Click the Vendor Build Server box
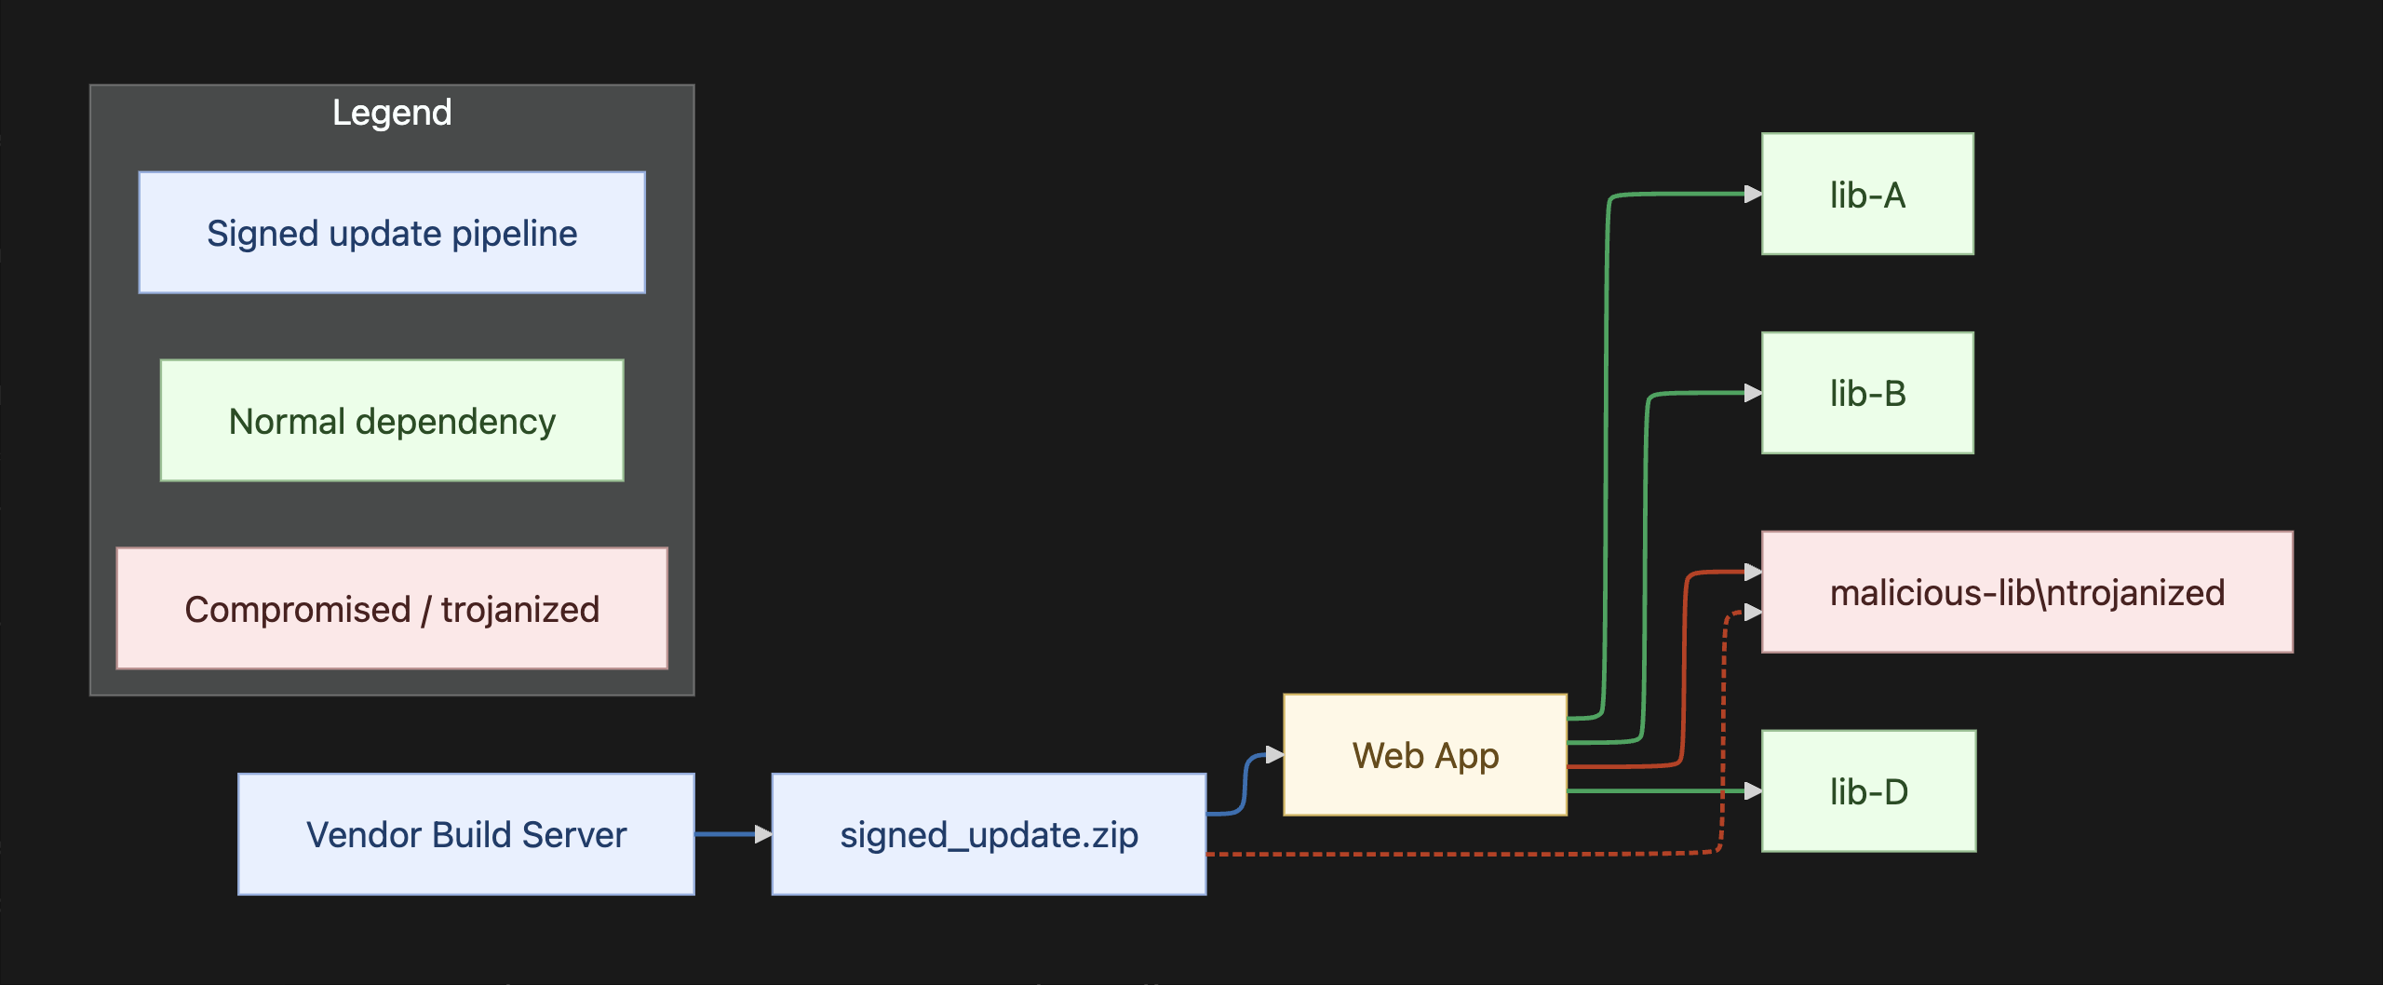click(x=465, y=834)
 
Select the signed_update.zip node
click(x=989, y=834)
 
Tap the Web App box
click(x=1424, y=755)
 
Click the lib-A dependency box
click(x=1867, y=194)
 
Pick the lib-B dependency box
click(x=1867, y=393)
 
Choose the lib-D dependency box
click(x=1868, y=791)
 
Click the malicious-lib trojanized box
click(x=2026, y=592)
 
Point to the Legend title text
click(x=392, y=113)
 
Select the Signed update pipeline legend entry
click(x=392, y=233)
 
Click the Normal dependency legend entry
click(x=392, y=421)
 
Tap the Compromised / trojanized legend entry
click(x=392, y=609)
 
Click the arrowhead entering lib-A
click(x=1753, y=194)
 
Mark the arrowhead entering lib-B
click(x=1753, y=393)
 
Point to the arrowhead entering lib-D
click(x=1753, y=791)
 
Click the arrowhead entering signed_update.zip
click(x=763, y=834)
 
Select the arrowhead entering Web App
click(x=1274, y=755)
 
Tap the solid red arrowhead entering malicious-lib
click(x=1753, y=572)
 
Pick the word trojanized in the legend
click(x=520, y=609)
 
